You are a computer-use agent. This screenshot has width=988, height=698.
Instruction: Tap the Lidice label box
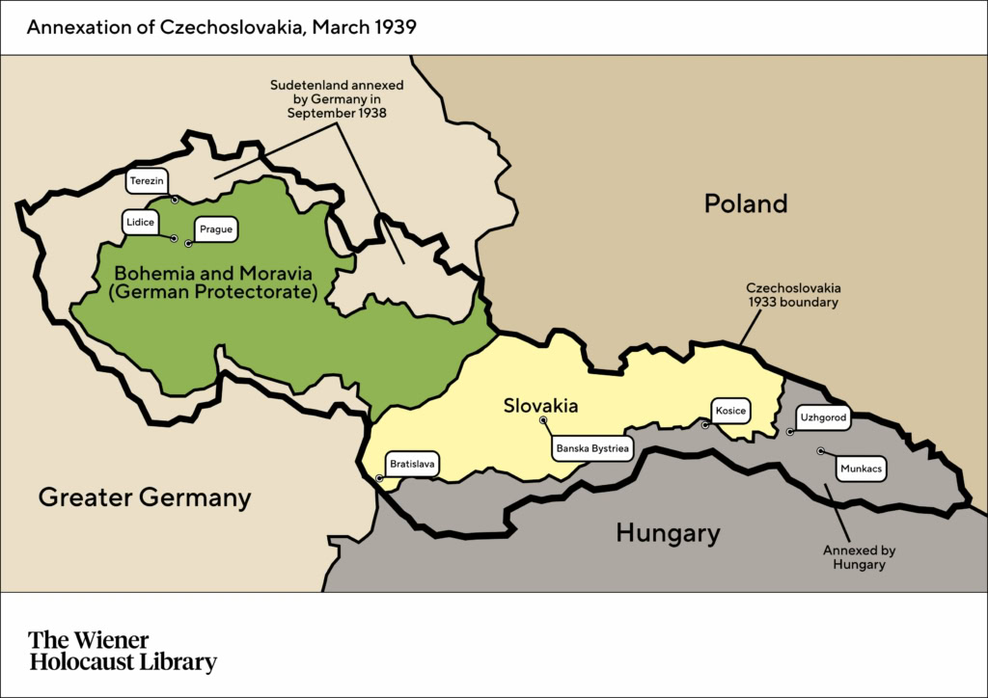coord(139,222)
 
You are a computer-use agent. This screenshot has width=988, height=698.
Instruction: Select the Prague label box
coord(215,229)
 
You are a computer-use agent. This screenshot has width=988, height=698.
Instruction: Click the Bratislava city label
coord(412,464)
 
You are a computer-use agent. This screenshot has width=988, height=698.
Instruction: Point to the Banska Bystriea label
coord(592,448)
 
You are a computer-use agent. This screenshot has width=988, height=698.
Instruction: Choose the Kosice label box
coord(730,411)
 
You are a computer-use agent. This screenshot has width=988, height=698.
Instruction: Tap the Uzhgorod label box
coord(823,417)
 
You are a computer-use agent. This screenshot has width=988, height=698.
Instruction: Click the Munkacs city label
coord(861,469)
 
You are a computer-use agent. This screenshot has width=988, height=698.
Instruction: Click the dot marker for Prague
coord(189,243)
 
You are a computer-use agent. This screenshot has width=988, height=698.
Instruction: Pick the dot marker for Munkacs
coord(820,450)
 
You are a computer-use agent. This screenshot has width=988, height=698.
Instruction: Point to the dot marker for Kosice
coord(705,424)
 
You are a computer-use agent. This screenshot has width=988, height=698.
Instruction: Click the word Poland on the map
coord(745,203)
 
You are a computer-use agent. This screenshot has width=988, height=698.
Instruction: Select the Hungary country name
coord(668,533)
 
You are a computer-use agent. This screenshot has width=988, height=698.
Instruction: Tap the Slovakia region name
coord(540,406)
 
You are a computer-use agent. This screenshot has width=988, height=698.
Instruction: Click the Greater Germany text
coord(145,497)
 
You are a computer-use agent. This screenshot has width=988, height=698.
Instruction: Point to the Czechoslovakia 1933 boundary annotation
coord(793,295)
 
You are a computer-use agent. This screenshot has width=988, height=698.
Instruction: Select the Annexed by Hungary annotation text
coord(859,557)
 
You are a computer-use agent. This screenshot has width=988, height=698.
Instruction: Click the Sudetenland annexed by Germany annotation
coord(337,98)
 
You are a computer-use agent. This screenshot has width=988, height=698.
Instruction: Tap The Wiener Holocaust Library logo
coord(123,651)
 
